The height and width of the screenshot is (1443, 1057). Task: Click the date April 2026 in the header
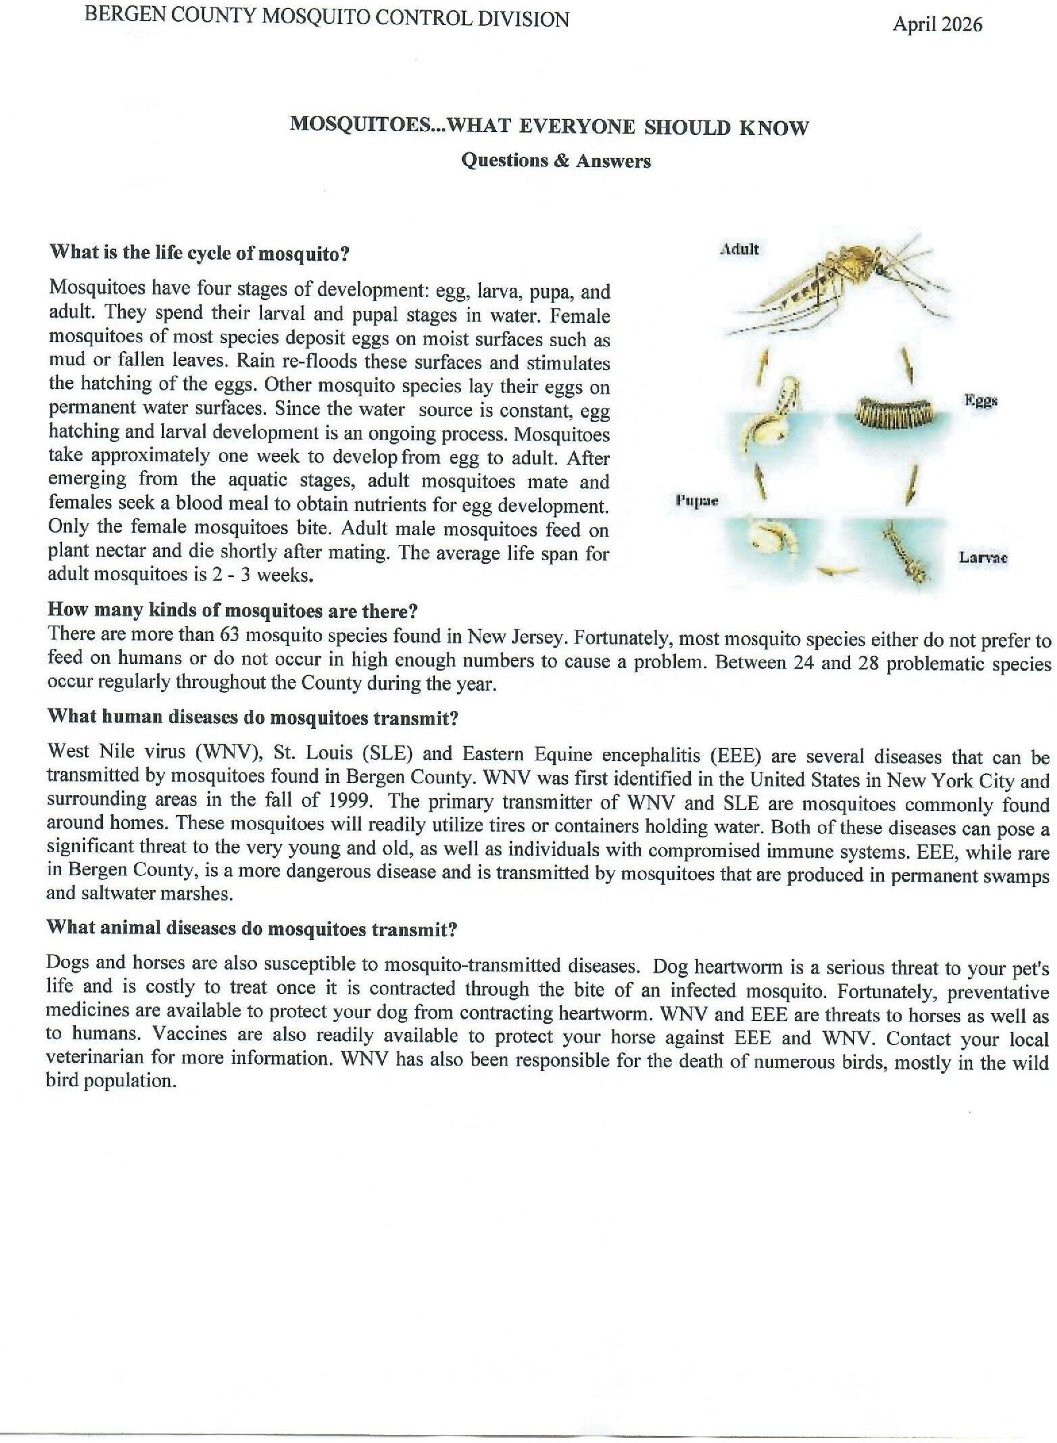(x=937, y=25)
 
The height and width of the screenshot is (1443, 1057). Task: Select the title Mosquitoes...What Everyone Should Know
(x=549, y=126)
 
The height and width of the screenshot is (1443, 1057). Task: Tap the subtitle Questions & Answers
(x=556, y=160)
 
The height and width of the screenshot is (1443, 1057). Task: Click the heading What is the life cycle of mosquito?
(x=199, y=253)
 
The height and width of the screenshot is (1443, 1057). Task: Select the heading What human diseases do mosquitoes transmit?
(x=253, y=717)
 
